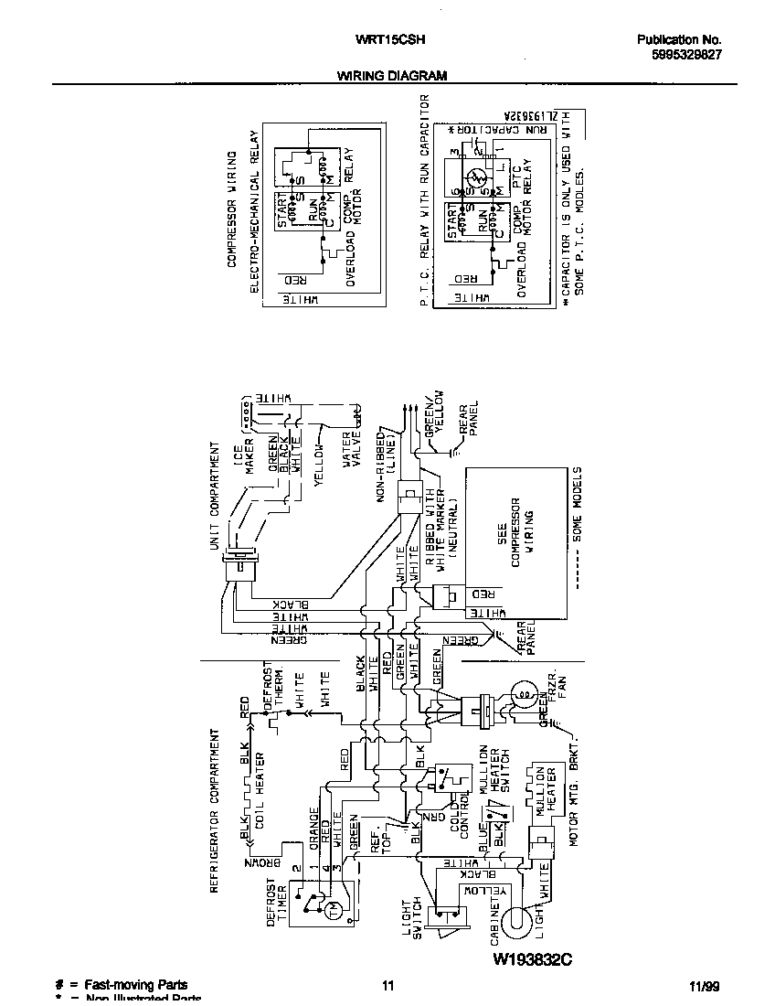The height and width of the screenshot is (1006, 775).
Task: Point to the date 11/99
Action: [x=705, y=986]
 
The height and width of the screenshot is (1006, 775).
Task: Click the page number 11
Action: [x=387, y=986]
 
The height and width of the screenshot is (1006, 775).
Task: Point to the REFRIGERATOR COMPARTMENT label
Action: [x=215, y=810]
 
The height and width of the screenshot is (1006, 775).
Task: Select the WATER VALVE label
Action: [x=354, y=447]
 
